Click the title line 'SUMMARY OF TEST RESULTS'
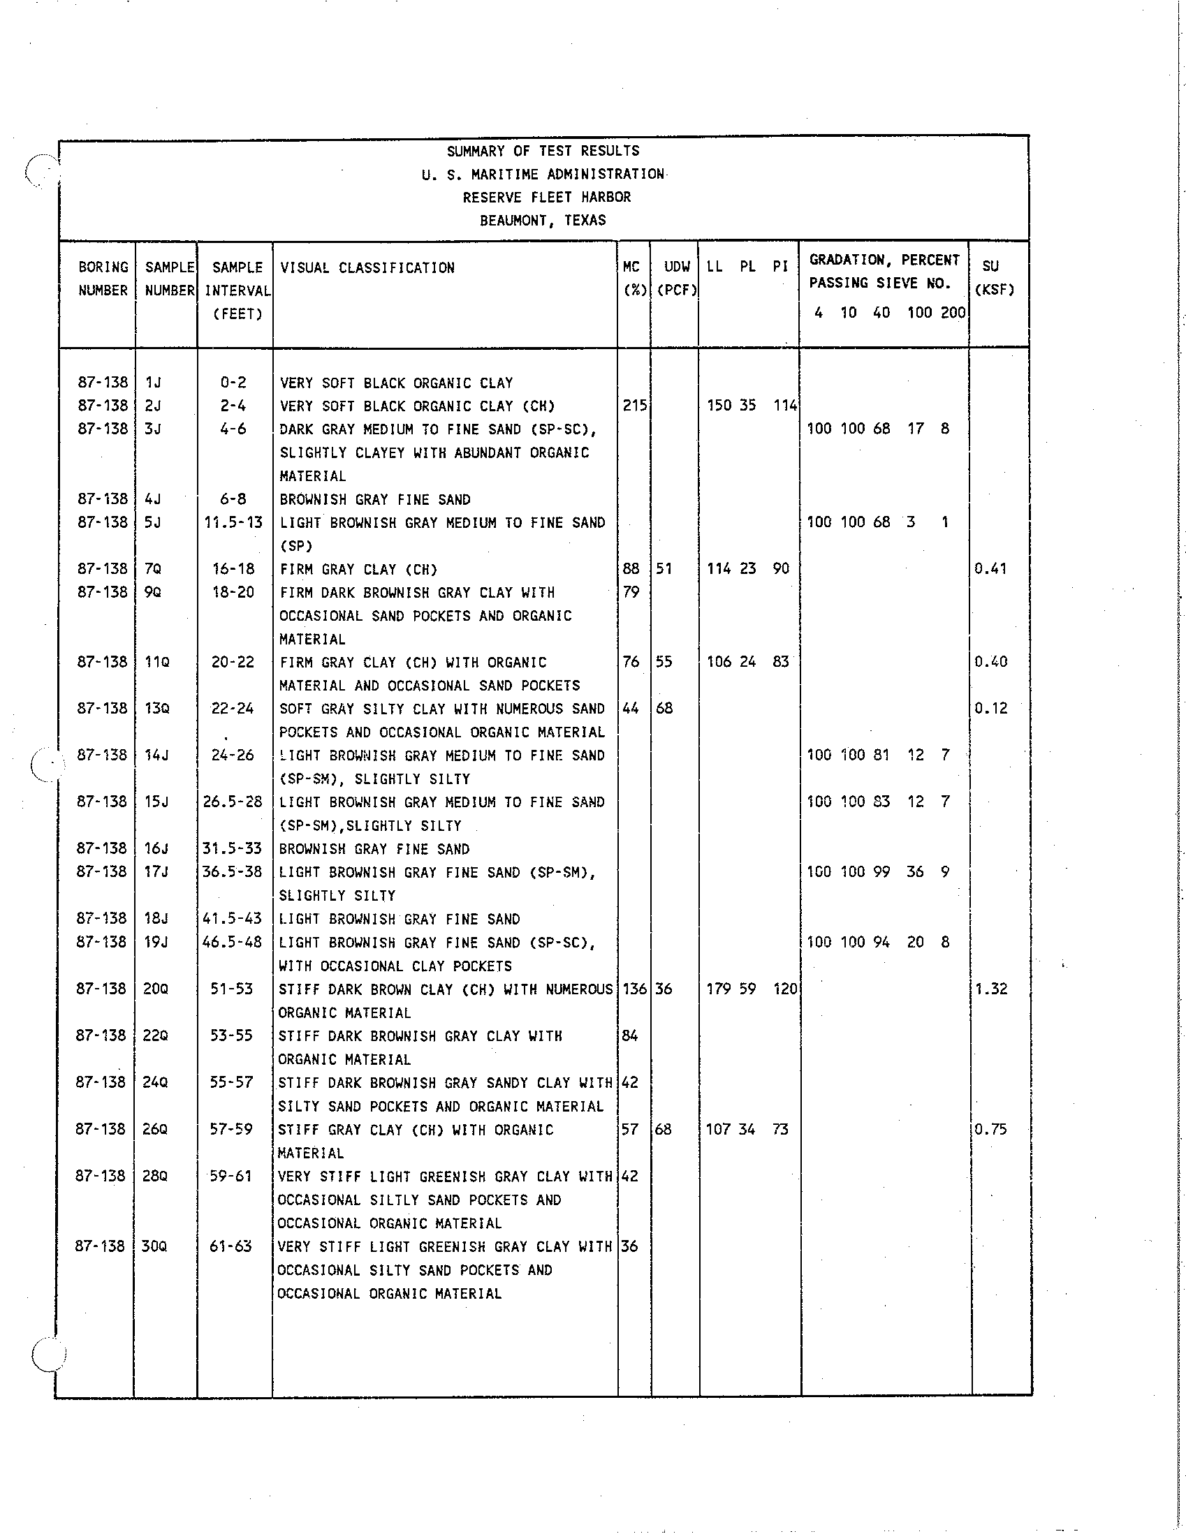tap(543, 151)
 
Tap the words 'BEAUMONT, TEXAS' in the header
tap(543, 221)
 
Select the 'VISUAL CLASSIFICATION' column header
tap(367, 267)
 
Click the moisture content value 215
tap(634, 405)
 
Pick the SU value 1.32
tap(990, 989)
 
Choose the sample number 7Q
tap(153, 568)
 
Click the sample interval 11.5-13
tap(233, 522)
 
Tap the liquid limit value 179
tap(718, 989)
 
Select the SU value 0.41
tap(990, 568)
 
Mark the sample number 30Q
tap(154, 1246)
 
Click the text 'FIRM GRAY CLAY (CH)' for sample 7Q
tap(358, 569)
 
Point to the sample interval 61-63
tap(230, 1246)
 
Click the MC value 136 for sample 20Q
tap(634, 989)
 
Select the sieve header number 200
tap(953, 313)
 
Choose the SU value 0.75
tap(990, 1129)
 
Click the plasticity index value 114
tap(786, 405)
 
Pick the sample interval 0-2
tap(233, 382)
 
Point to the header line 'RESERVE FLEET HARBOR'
tap(547, 198)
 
